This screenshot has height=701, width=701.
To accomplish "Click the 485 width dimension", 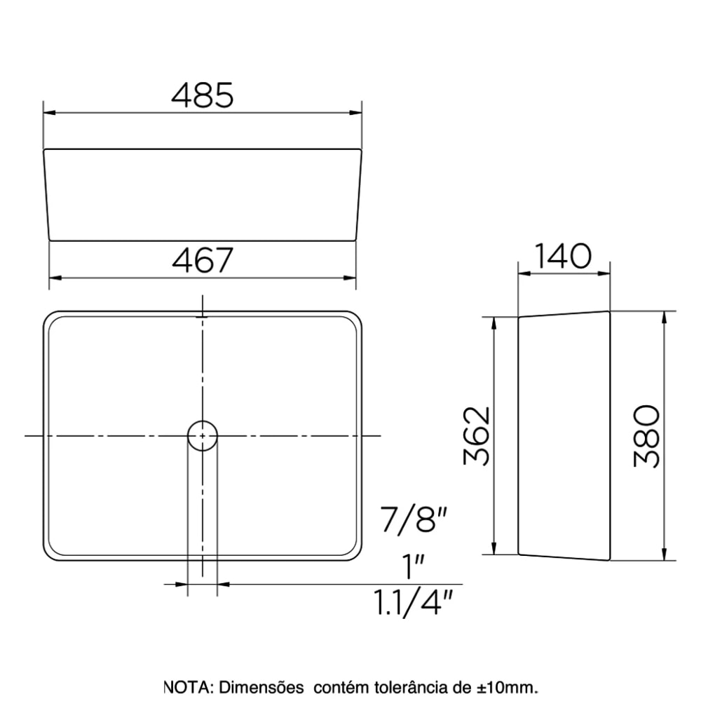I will pos(202,95).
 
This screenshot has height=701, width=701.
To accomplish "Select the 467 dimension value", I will pos(202,261).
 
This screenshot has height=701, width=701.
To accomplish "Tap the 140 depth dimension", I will pos(564,257).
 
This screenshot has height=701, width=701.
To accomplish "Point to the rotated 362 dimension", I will pos(477,435).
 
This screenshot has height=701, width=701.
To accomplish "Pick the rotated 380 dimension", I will pos(646,435).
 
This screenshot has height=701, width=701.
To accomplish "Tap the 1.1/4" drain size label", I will pos(413,602).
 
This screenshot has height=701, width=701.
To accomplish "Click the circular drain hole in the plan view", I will pos(203,435).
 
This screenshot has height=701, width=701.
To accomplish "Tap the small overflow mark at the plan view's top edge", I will pos(203,317).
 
